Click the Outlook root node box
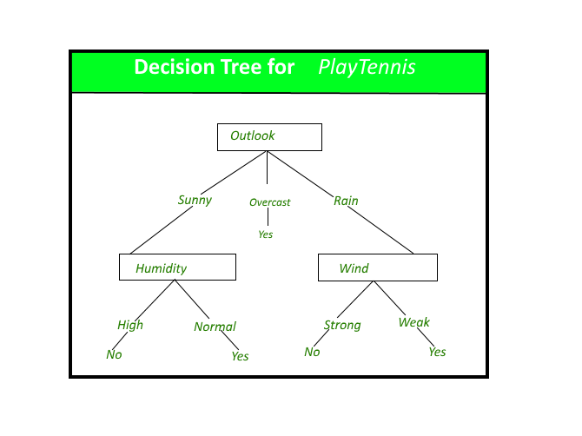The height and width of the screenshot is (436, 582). tap(269, 137)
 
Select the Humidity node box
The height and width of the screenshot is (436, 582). tap(177, 268)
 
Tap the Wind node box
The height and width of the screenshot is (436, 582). tap(377, 268)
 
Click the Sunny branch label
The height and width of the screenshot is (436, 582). tap(195, 201)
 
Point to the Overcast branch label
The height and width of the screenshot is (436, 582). tap(269, 202)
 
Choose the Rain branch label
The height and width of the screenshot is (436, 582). tap(346, 201)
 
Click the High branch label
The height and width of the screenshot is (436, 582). tap(130, 326)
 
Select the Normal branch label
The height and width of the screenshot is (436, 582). tap(215, 327)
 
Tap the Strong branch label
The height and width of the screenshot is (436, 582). tap(342, 326)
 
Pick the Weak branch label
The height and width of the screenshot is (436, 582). tap(414, 323)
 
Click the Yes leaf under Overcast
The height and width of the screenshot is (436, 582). tap(266, 235)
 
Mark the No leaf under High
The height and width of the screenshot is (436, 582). tap(114, 354)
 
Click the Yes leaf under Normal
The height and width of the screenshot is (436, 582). tap(240, 356)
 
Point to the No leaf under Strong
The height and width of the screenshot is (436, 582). tap(312, 352)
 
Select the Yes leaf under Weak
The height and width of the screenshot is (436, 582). tap(437, 352)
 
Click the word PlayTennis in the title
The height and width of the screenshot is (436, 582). tap(367, 67)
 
